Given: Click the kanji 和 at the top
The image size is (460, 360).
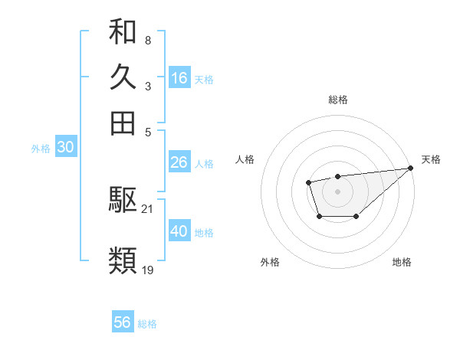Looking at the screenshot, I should click(123, 33).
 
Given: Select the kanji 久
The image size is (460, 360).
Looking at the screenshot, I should click(123, 78).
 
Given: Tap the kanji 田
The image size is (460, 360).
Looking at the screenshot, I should click(123, 123).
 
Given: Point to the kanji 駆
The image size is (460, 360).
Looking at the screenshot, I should click(123, 201).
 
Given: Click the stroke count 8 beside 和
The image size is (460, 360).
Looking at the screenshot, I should click(147, 40).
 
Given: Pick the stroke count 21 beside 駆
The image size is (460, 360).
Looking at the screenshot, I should click(148, 208).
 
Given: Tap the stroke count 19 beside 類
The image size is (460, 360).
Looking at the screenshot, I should click(148, 270).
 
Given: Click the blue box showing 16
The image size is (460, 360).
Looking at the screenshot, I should click(179, 78).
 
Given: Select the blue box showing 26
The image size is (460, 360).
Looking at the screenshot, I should click(179, 162).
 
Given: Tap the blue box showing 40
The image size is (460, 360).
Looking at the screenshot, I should click(179, 231).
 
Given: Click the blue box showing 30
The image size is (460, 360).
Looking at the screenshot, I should click(65, 148).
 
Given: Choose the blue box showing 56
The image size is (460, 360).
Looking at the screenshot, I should click(123, 322).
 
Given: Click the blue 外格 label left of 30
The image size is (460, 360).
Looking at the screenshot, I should click(40, 149).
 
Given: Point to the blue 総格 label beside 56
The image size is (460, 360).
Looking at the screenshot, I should click(147, 324).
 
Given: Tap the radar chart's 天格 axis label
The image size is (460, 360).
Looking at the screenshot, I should click(431, 159).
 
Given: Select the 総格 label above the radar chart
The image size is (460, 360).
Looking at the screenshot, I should click(337, 100).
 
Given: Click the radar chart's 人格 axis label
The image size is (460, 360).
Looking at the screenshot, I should click(245, 159).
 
